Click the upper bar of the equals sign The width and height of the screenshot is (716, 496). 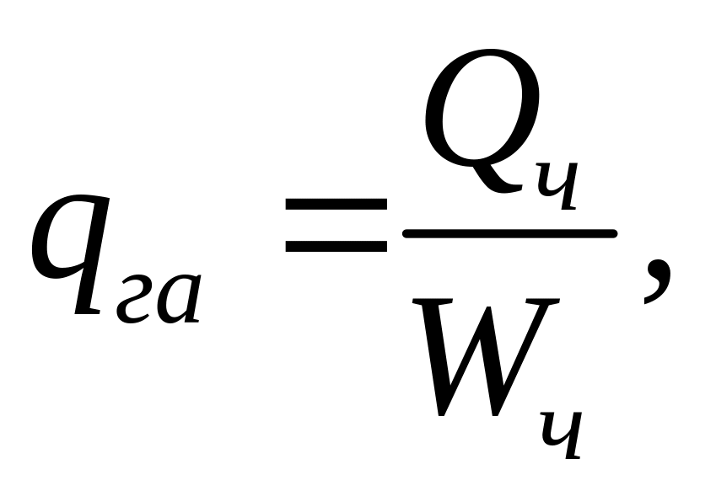[x=335, y=204]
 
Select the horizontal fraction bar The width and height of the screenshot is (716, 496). [x=509, y=233]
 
